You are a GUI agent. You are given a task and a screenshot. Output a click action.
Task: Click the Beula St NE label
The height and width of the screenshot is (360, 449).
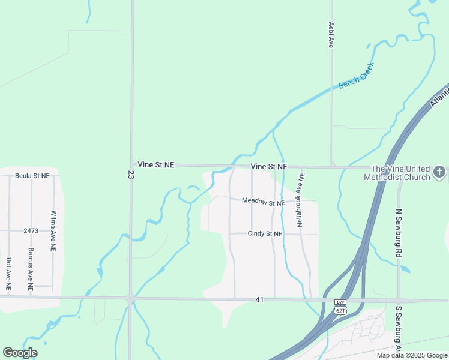pos(32,176)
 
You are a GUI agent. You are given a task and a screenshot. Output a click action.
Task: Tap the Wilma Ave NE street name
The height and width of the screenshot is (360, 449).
pos(53,230)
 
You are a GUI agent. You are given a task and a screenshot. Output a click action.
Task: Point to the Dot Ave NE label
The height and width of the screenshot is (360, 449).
pos(8,274)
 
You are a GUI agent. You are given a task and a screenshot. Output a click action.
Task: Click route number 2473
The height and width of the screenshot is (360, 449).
pos(31,230)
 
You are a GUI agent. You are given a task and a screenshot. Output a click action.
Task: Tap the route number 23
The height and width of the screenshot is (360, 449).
pos(131,175)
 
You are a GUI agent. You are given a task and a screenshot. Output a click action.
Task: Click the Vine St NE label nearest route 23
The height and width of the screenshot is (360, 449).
pos(155,164)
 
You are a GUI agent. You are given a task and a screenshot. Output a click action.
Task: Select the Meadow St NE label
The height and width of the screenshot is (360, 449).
pos(262,202)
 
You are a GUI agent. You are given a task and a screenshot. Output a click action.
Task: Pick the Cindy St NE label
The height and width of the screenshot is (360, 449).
pos(265,233)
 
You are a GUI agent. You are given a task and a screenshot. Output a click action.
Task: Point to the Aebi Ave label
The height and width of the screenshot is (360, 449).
pos(331,35)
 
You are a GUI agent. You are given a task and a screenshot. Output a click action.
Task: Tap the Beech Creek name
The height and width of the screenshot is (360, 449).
pos(356,75)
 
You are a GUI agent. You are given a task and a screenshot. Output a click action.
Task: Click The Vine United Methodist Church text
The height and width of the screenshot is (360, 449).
pos(400,173)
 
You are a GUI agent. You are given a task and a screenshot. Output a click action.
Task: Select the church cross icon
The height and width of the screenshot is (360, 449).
pos(439,173)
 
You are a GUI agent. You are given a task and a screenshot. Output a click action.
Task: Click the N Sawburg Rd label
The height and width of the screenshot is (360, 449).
pos(398,233)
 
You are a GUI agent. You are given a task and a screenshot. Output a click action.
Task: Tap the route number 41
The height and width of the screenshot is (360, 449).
pos(259,299)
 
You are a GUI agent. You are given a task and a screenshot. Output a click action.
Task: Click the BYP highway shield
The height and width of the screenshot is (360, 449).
pos(340,302)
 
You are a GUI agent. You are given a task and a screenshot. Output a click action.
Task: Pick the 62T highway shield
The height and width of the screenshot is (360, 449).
pos(340,310)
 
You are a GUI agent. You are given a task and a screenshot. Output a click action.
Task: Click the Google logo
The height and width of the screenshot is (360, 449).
pos(20,353)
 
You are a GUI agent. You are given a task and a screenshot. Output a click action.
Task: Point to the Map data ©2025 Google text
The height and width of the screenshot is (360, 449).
pos(411,355)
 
